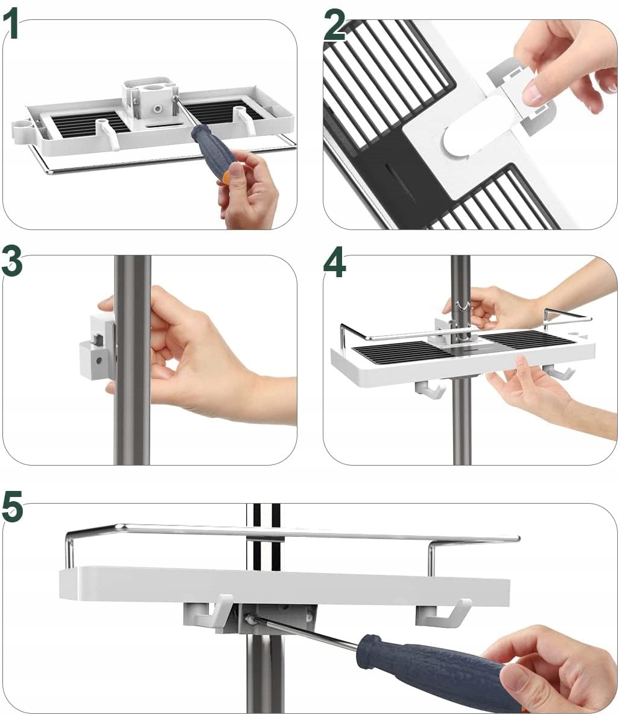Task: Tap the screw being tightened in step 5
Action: pyautogui.click(x=250, y=618)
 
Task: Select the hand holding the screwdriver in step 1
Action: pyautogui.click(x=248, y=187)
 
